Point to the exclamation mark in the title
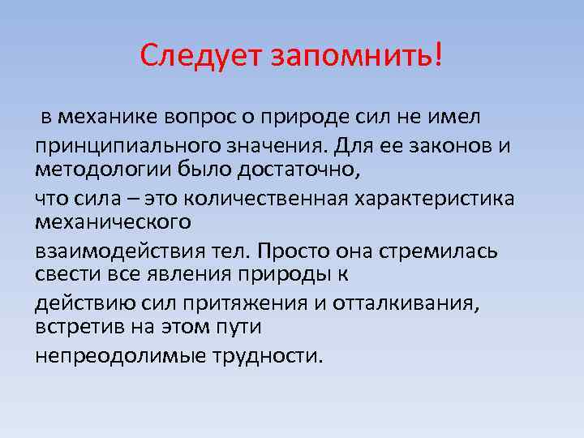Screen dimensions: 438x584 pyautogui.click(x=439, y=54)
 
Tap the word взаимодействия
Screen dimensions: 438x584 pyautogui.click(x=110, y=251)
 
